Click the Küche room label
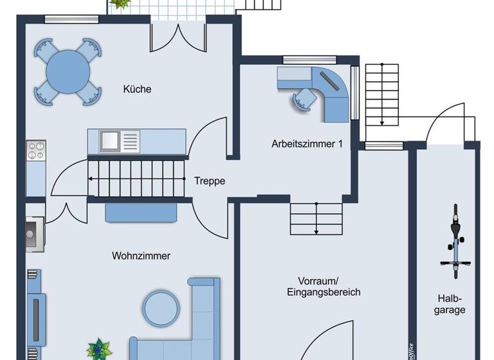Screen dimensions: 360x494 137,89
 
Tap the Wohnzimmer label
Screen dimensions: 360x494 141,256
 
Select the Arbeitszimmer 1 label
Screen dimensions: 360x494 307,144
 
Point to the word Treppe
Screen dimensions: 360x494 210,181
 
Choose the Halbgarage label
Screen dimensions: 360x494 451,303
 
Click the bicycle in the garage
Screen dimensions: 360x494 455,242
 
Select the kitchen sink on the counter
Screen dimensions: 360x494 110,139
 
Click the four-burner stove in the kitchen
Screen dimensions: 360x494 35,151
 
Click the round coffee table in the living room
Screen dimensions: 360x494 161,308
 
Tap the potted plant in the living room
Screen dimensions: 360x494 98,349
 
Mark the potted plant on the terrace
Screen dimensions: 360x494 118,3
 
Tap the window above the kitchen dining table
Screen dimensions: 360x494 66,19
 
